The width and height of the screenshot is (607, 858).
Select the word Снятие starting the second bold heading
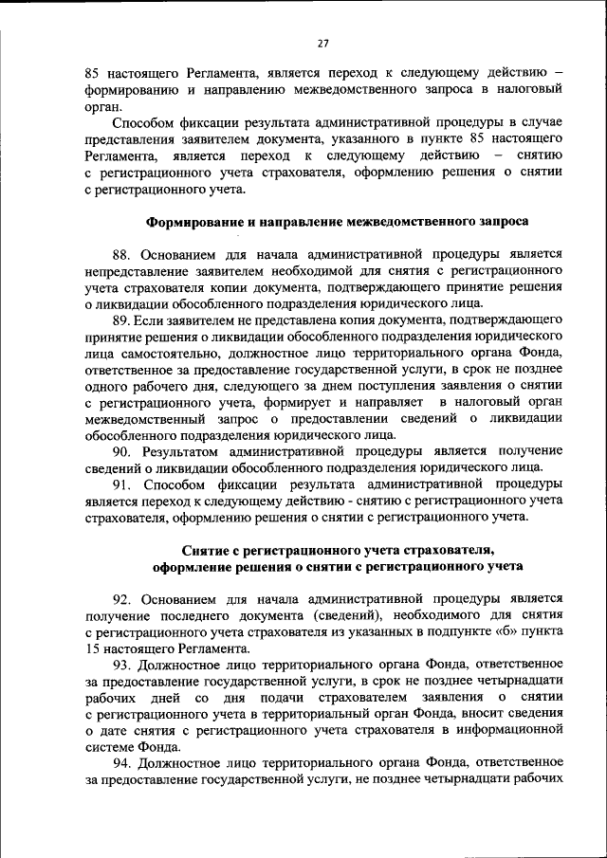pos(211,551)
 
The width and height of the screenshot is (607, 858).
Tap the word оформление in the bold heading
pos(198,567)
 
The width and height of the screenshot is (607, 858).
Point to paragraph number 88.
pos(123,254)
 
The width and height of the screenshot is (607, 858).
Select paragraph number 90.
pos(123,450)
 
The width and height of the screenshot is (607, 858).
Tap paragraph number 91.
pos(123,484)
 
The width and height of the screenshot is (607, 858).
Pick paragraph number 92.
pos(123,599)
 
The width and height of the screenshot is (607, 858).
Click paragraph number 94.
pos(123,763)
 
